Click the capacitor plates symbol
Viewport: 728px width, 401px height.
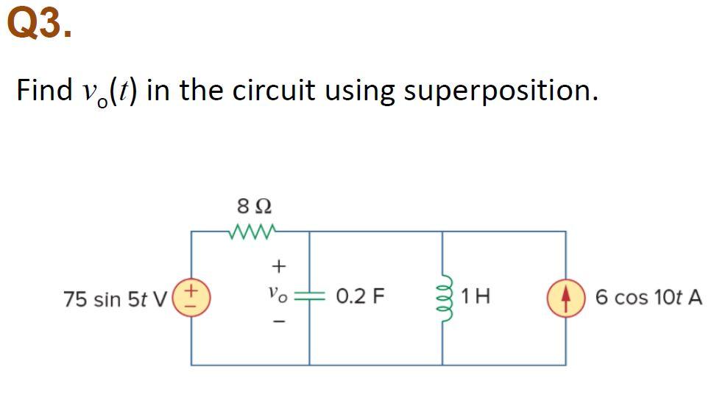[309, 297]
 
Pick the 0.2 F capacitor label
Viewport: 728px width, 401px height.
[360, 298]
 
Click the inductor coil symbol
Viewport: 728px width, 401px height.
[443, 298]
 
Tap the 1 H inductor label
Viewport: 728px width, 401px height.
[476, 298]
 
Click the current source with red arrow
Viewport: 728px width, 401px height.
[566, 298]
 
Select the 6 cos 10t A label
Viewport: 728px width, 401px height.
[649, 298]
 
